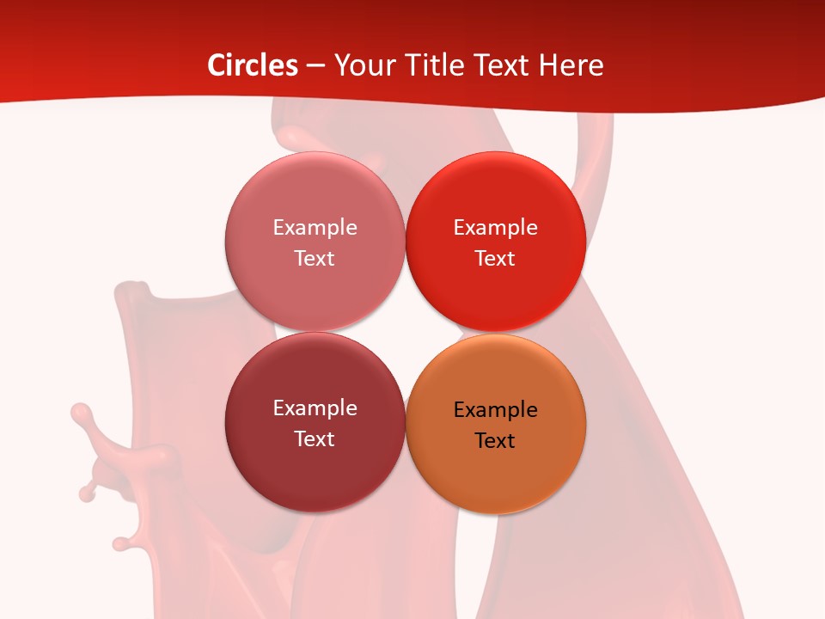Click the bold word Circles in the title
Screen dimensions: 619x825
coord(252,65)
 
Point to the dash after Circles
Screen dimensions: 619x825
coord(315,66)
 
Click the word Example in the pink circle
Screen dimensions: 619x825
coord(315,228)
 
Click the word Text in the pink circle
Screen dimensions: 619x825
coord(315,259)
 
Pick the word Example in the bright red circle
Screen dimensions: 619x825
coord(495,228)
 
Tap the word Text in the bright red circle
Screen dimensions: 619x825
coord(495,259)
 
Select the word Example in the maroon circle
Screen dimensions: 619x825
coord(315,408)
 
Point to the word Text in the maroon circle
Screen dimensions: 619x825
coord(315,439)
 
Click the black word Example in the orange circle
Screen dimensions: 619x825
coord(495,410)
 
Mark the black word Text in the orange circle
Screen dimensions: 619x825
coord(495,441)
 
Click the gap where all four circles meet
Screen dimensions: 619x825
coord(405,332)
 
